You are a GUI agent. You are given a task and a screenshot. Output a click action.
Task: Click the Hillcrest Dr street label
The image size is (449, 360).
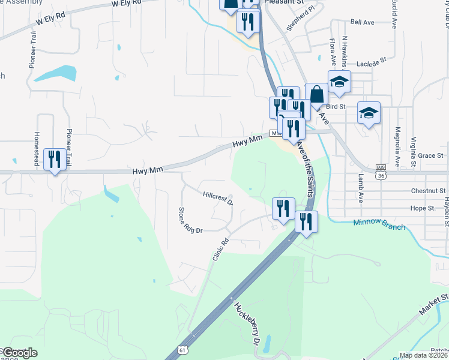click(x=217, y=198)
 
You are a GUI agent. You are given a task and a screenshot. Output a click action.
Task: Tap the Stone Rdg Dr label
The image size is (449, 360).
click(x=191, y=221)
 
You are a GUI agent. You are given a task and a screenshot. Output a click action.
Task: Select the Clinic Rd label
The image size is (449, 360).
click(x=221, y=249)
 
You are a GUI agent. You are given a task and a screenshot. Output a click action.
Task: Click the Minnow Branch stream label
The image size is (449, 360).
click(x=379, y=227)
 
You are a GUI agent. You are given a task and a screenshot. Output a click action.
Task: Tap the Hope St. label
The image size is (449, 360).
click(x=423, y=208)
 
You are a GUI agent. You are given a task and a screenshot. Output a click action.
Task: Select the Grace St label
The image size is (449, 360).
click(x=430, y=155)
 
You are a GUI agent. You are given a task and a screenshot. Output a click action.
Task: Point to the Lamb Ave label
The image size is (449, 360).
click(x=361, y=188)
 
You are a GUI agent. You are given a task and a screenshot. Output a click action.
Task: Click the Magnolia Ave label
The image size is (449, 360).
click(x=397, y=146)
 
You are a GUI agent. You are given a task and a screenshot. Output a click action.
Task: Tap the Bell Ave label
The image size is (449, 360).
click(x=362, y=22)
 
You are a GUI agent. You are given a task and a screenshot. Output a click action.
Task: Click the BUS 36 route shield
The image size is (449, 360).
click(x=379, y=172)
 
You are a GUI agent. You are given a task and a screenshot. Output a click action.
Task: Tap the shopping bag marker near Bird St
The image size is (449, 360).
click(x=316, y=94)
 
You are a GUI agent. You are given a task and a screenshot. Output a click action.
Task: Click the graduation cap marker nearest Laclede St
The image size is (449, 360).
click(x=339, y=82)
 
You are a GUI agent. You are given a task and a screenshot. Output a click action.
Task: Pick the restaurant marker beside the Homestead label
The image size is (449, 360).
click(x=55, y=160)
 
